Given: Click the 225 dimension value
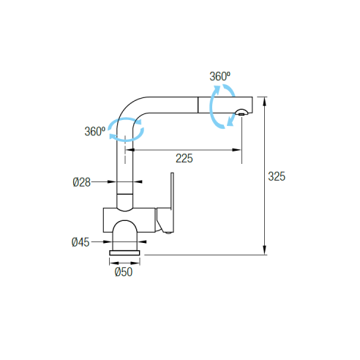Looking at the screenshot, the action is tap(184, 159).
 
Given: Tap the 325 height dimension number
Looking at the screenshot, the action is tap(277, 176).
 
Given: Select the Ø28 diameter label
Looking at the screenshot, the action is tap(81, 182).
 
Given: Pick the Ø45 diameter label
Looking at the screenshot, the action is tap(80, 242).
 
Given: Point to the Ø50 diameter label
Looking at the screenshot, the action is tap(124, 272).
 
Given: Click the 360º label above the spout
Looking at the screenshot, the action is tap(220, 76).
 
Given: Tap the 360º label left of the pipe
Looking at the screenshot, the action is tap(95, 132).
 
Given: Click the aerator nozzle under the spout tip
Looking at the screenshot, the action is tap(241, 113).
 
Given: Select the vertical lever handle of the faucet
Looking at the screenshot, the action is tap(172, 203).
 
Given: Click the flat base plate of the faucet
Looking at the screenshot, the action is tap(124, 253).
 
